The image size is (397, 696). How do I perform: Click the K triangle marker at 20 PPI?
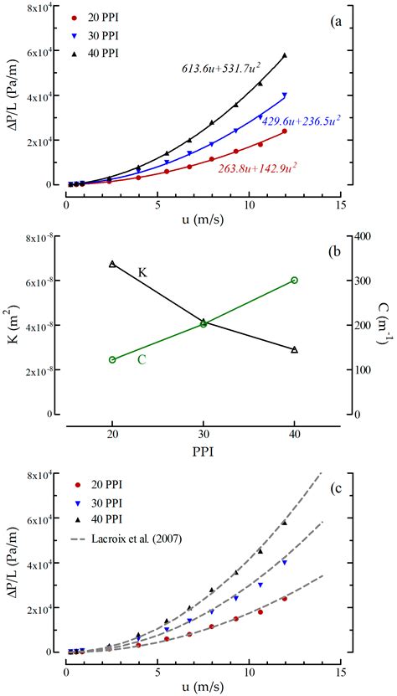point(113,264)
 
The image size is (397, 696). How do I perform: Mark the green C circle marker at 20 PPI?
point(113,359)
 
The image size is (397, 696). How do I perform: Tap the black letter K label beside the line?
point(143,273)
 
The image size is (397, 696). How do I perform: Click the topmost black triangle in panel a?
point(285,56)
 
